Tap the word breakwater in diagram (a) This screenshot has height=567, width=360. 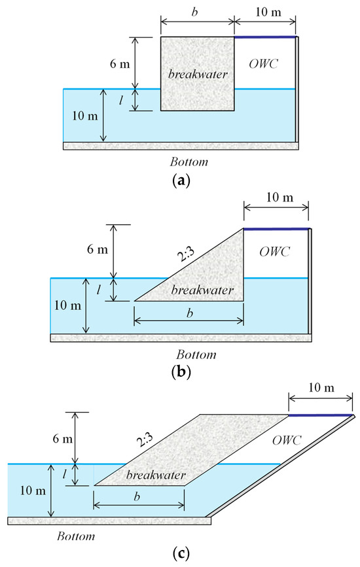coord(198,74)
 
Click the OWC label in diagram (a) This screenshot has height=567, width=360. coord(263,63)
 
